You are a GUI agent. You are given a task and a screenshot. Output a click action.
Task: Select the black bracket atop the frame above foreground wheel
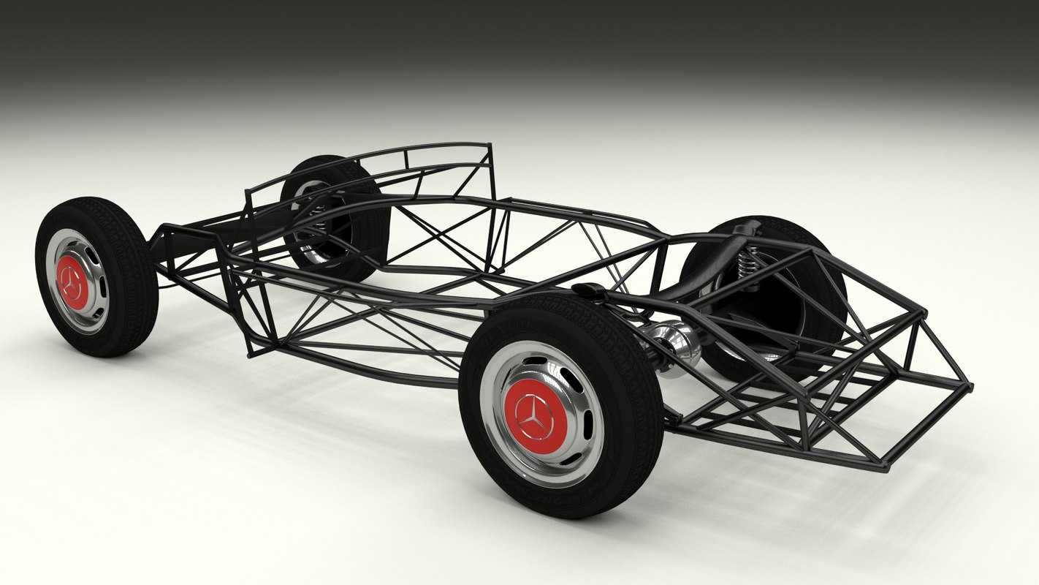pyautogui.click(x=590, y=292)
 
